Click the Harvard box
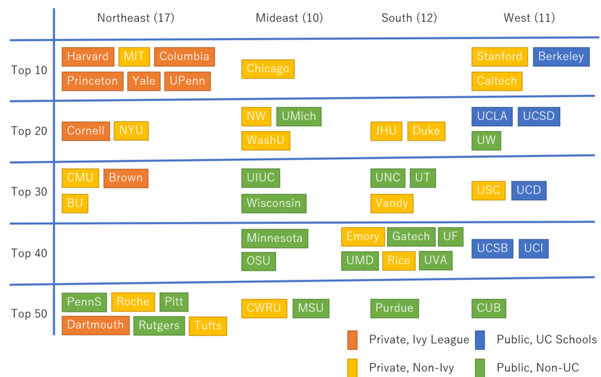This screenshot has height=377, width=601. (x=88, y=57)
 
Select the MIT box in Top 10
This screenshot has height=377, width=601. (x=134, y=57)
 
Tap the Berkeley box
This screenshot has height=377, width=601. (x=561, y=57)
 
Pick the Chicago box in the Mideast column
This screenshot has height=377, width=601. (x=268, y=69)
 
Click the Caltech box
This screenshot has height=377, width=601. (x=497, y=81)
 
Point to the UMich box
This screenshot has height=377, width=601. (x=299, y=116)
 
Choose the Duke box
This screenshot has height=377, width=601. (x=426, y=131)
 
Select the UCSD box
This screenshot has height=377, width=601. (x=539, y=116)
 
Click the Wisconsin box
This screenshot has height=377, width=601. (x=274, y=203)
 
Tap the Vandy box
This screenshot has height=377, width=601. (x=392, y=203)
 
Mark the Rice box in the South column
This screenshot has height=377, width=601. (x=399, y=261)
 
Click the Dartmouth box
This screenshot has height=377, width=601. (x=96, y=325)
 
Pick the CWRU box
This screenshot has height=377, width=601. (x=264, y=308)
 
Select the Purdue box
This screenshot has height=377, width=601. (x=394, y=308)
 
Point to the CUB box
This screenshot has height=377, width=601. (x=489, y=308)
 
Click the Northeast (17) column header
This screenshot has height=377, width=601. (x=135, y=18)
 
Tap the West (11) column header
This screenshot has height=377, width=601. (x=529, y=18)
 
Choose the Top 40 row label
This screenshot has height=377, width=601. (x=29, y=253)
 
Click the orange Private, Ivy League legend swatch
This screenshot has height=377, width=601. (x=352, y=340)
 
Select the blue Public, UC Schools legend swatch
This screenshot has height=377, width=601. (x=480, y=340)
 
